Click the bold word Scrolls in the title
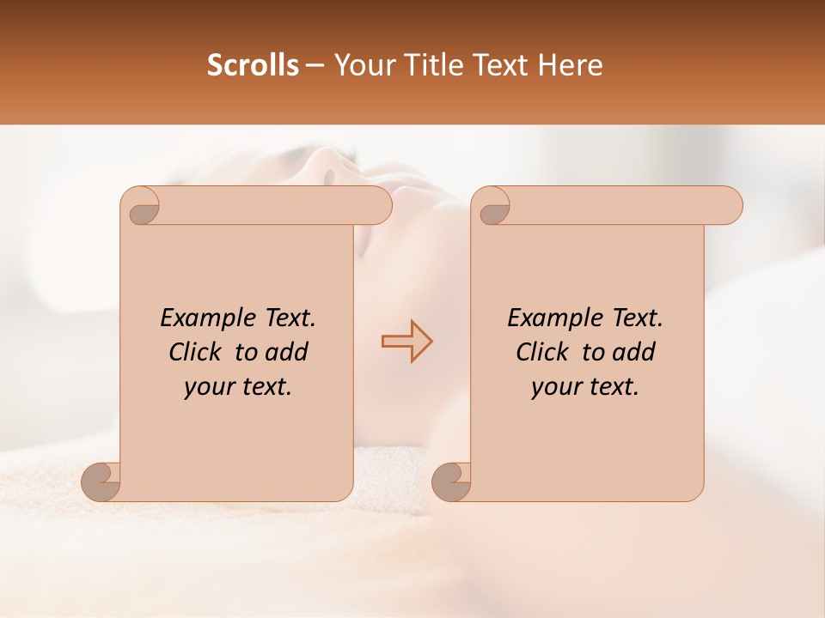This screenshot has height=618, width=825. (253, 65)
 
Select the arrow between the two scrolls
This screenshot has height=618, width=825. (406, 342)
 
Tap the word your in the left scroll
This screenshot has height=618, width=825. (206, 387)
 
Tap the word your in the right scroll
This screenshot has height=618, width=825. (553, 387)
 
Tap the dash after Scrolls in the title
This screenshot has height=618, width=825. (315, 66)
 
